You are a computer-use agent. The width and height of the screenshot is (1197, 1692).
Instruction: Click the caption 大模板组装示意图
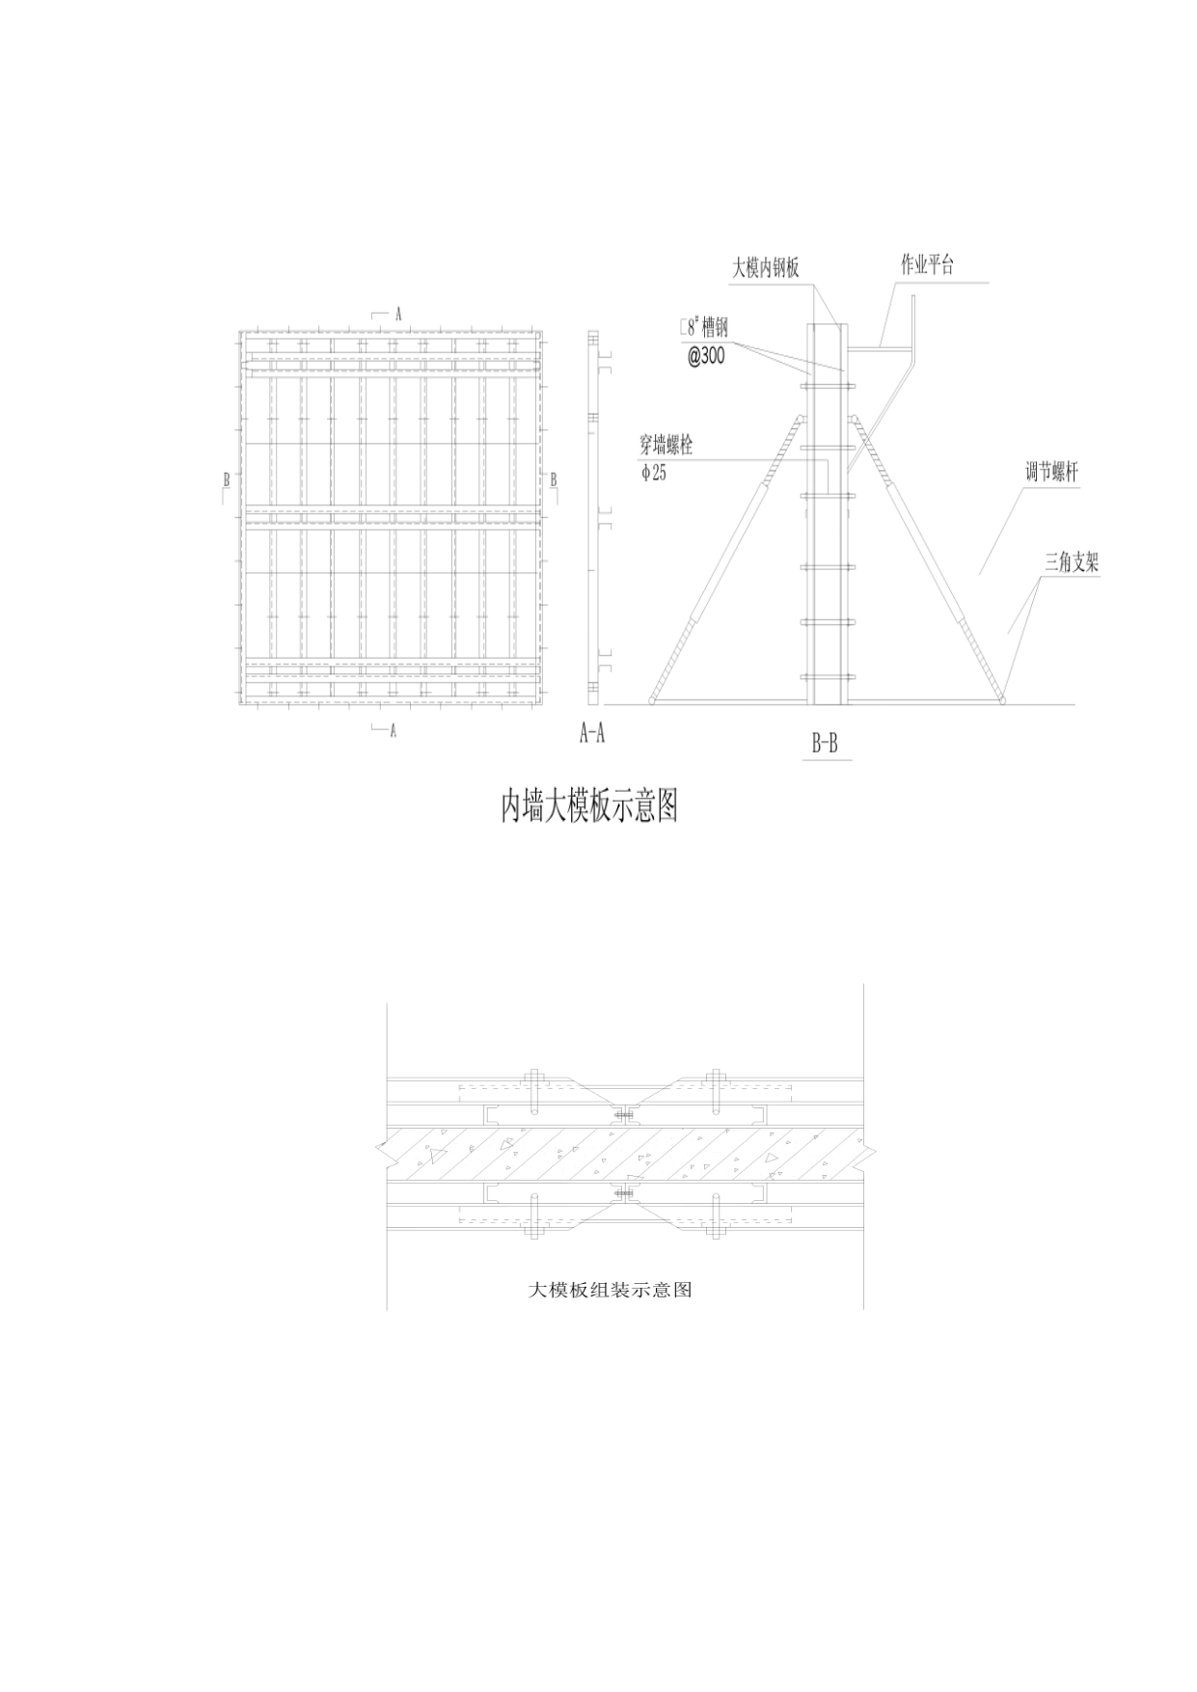pyautogui.click(x=611, y=1289)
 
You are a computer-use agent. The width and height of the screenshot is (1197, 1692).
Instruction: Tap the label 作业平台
pyautogui.click(x=928, y=265)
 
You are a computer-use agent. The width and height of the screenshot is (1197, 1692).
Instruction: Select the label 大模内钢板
pyautogui.click(x=766, y=268)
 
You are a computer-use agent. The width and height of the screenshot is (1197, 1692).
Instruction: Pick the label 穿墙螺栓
pyautogui.click(x=667, y=446)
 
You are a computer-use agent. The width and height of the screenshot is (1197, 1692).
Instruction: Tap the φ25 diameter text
pyautogui.click(x=653, y=473)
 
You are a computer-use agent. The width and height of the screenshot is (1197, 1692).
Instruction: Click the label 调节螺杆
pyautogui.click(x=1051, y=473)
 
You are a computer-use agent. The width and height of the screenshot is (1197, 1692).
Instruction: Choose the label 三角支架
pyautogui.click(x=1072, y=562)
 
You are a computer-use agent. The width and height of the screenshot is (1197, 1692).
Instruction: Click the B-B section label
pyautogui.click(x=825, y=744)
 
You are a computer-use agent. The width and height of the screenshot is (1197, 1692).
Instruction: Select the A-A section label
pyautogui.click(x=591, y=733)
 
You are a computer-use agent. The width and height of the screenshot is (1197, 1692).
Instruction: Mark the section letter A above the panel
pyautogui.click(x=396, y=314)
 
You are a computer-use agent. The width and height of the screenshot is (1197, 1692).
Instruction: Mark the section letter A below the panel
pyautogui.click(x=393, y=731)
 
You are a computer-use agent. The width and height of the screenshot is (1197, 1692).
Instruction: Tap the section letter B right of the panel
pyautogui.click(x=554, y=478)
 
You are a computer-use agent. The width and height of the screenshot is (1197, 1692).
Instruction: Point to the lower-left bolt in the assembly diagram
pyautogui.click(x=532, y=1216)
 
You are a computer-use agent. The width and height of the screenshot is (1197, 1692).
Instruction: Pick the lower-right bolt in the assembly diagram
pyautogui.click(x=715, y=1216)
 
